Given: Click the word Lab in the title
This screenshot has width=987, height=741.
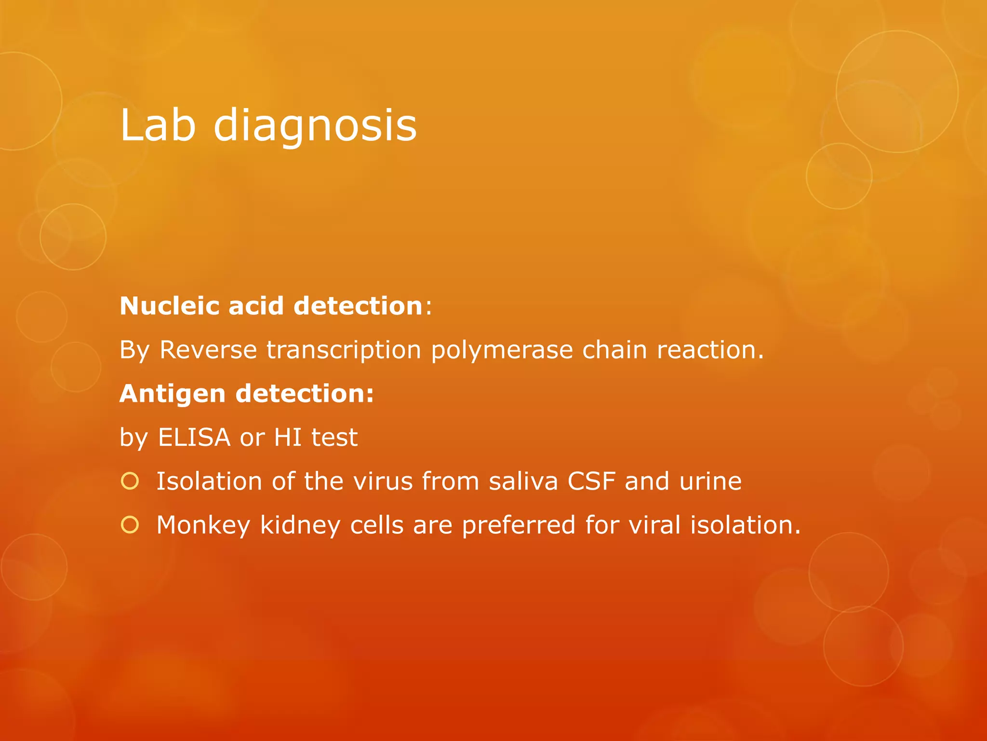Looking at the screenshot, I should tap(158, 125).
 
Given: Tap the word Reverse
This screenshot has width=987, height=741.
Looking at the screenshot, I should tap(208, 350).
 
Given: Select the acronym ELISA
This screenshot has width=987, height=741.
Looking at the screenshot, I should tap(194, 438).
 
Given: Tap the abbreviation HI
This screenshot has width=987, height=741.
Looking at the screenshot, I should tap(288, 438).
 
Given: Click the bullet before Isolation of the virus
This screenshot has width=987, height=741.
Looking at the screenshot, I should tap(130, 481).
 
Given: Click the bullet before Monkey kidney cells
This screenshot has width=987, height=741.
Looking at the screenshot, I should tap(130, 525).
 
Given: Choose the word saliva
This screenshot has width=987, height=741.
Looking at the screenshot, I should tap(523, 481).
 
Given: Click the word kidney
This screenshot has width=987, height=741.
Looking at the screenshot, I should tap(300, 525).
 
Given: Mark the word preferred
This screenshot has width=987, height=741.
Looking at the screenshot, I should tap(518, 525).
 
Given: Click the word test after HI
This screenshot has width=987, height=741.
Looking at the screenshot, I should tap(334, 438).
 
